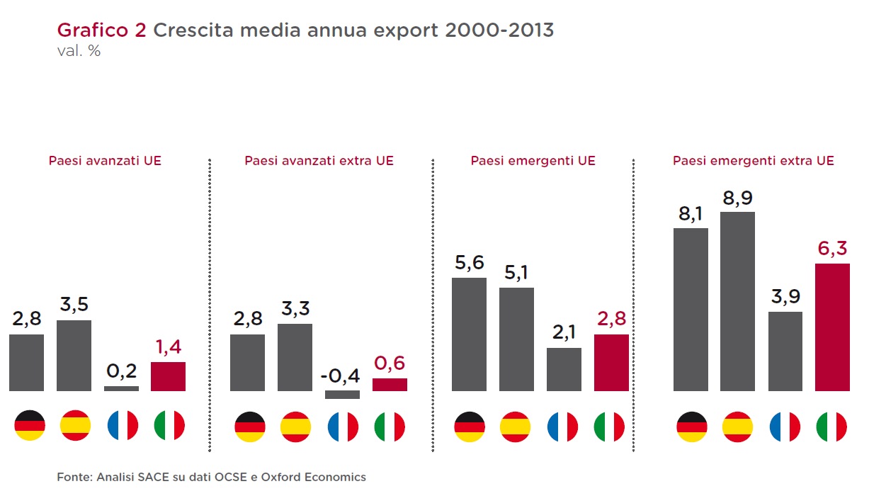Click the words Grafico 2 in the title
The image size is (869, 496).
coord(102,30)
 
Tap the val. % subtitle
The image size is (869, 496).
coord(79,52)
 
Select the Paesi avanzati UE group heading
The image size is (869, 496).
coord(105,161)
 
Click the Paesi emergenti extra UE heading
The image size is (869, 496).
coord(754,161)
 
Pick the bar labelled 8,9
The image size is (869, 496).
coord(737,301)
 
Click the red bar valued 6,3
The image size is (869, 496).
coord(832,327)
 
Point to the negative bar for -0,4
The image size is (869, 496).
coord(342,395)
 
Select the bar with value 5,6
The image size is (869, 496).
coord(469,334)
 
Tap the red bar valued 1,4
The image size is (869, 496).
coord(168,376)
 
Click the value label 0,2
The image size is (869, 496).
coord(121,371)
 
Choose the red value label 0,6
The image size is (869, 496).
coord(390,363)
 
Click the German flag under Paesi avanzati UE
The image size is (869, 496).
coord(29,426)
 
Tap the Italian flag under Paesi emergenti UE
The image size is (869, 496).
coord(610,427)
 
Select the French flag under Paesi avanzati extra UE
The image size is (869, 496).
coord(343,427)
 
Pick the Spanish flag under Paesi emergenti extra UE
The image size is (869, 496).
coord(737,427)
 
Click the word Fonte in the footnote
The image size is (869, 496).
coord(72,477)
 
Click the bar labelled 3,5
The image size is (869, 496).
coord(74,356)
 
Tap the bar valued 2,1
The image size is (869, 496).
coord(564,369)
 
